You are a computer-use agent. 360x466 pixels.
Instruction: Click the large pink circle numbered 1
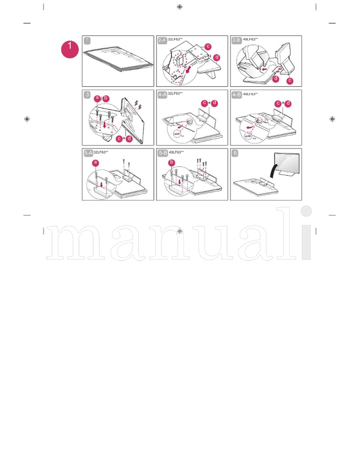(x=70, y=49)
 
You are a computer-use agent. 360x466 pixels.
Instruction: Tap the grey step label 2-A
(x=162, y=40)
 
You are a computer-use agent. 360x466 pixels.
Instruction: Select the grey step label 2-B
(x=236, y=40)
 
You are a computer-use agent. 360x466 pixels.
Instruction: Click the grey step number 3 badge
(x=87, y=94)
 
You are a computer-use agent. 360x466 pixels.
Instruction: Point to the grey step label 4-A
(x=162, y=94)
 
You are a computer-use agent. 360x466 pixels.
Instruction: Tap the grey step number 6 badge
(x=235, y=153)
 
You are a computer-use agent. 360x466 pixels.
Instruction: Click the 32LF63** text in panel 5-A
(x=101, y=152)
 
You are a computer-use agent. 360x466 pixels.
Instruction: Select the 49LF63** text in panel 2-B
(x=250, y=40)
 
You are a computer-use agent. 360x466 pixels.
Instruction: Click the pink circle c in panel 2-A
(x=207, y=46)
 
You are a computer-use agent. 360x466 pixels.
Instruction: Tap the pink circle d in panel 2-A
(x=217, y=58)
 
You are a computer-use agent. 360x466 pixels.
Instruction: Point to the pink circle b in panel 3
(x=106, y=98)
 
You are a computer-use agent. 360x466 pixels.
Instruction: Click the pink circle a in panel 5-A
(x=95, y=162)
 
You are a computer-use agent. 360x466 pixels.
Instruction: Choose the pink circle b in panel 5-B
(x=171, y=162)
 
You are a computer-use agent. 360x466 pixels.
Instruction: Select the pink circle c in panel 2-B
(x=290, y=81)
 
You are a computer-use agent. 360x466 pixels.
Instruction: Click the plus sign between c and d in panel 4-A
(x=209, y=103)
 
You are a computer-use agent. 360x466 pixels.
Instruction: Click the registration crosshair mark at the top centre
(x=180, y=7)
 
